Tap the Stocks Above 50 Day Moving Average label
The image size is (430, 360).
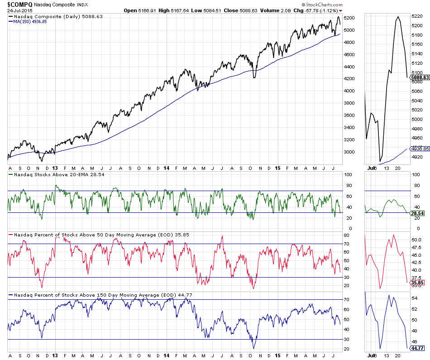[x=81, y=235]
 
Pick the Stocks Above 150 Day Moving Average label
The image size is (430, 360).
[x=83, y=295]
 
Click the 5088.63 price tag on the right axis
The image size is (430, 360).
[x=419, y=77]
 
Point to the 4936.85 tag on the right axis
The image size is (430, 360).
[x=419, y=148]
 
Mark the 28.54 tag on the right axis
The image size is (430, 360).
[x=417, y=213]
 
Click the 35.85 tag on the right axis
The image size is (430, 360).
[x=417, y=283]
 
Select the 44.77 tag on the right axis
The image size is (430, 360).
[x=417, y=348]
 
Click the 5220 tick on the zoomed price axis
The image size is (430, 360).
[x=416, y=16]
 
